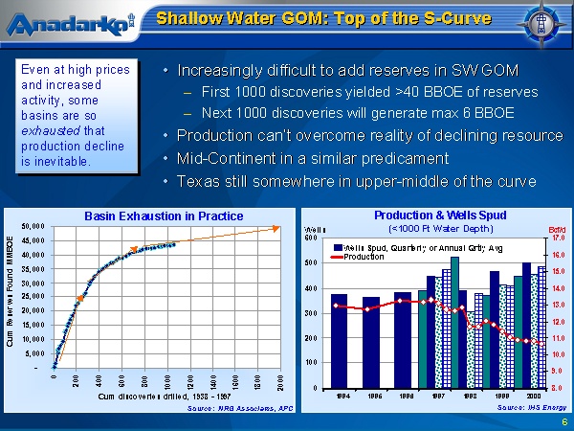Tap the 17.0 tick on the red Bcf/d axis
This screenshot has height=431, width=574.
click(559, 238)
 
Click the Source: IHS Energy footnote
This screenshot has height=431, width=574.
click(523, 408)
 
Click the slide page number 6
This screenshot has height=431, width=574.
click(563, 421)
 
